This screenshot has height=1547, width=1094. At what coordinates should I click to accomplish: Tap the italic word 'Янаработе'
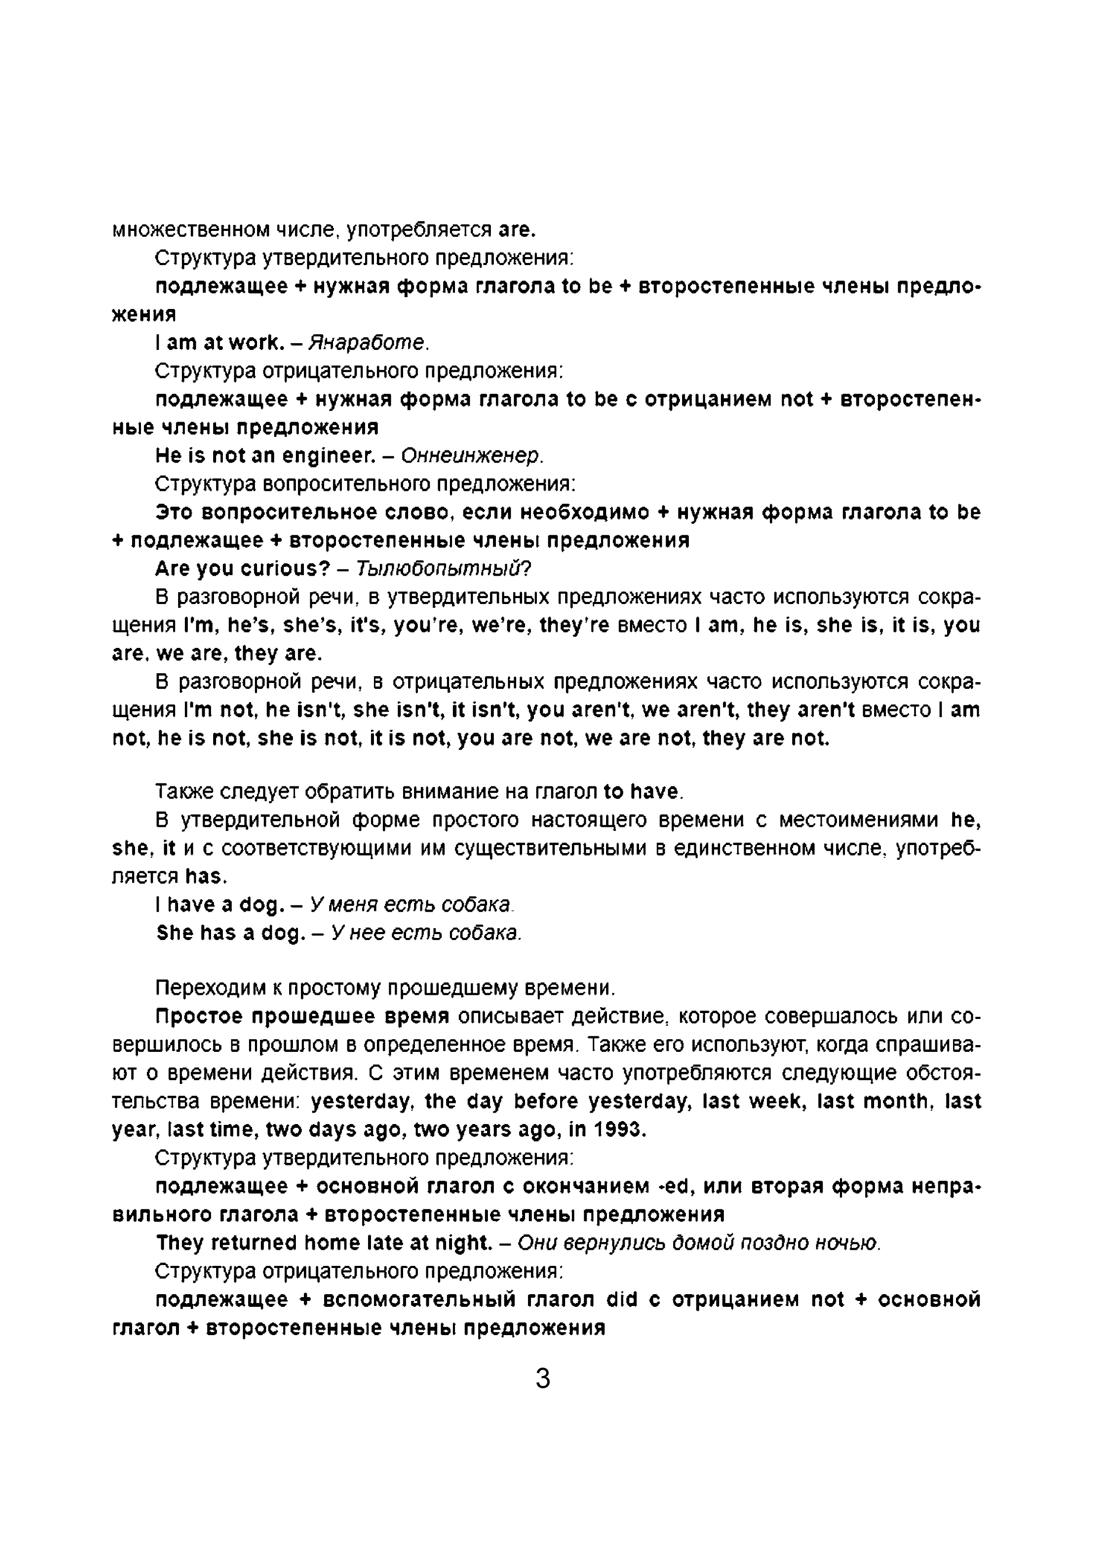pos(367,343)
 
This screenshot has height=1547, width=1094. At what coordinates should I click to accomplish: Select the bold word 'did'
pos(622,1299)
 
